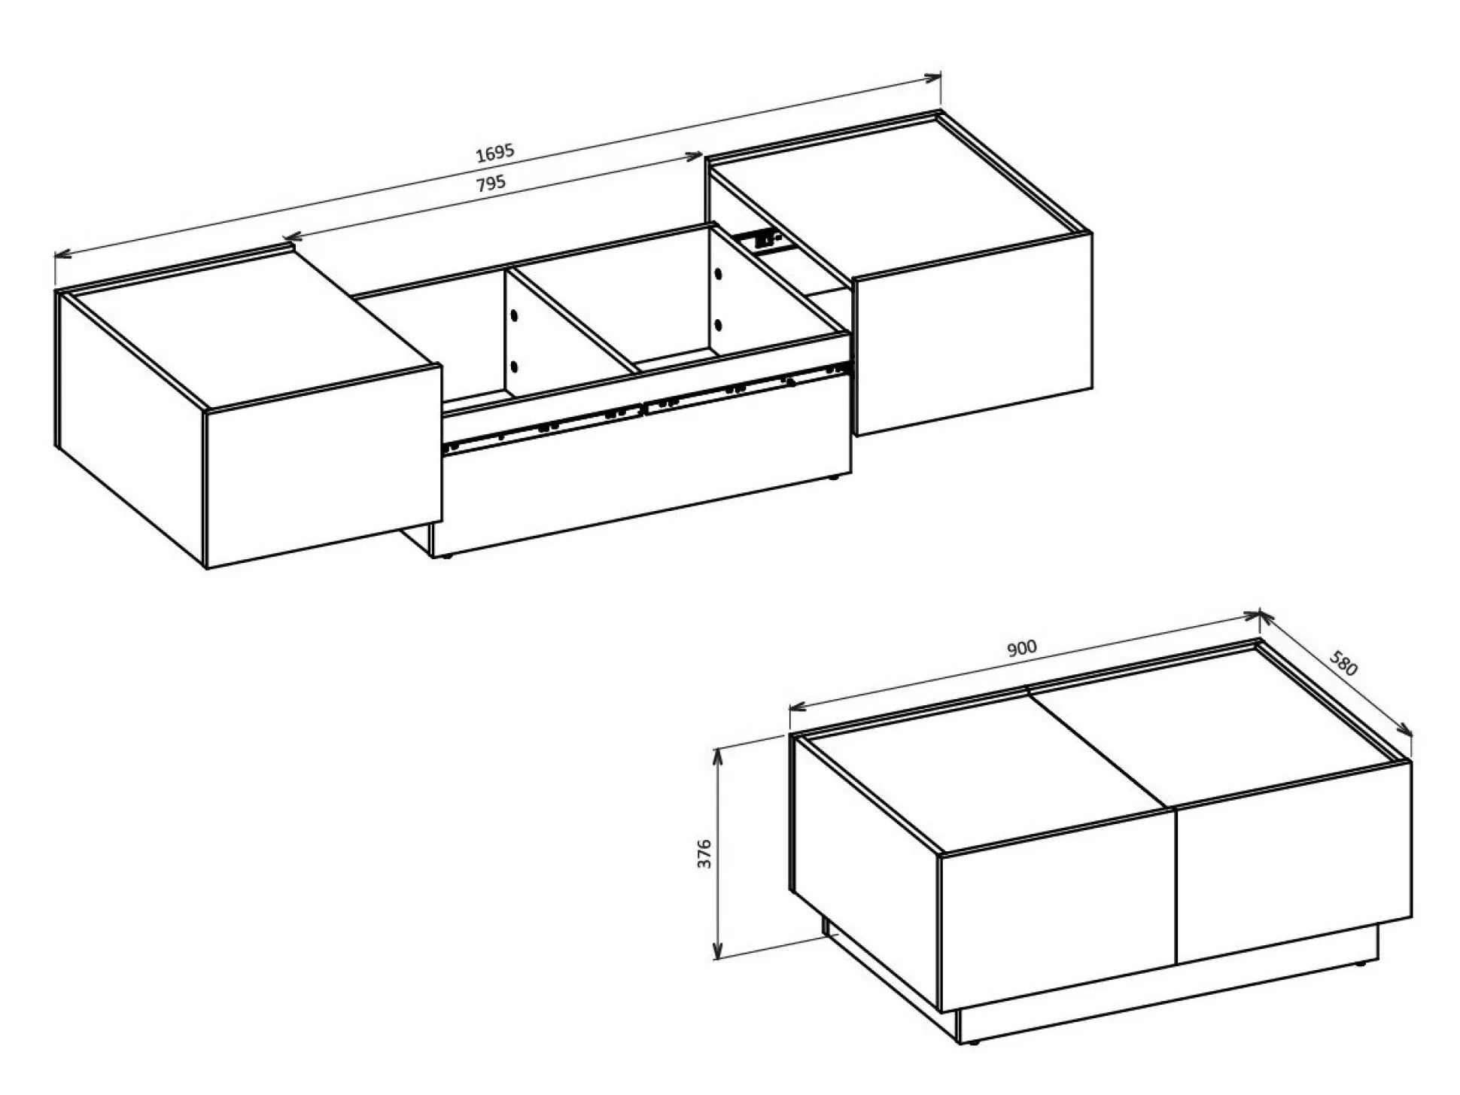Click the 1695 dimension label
pos(494,152)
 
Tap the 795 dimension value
pos(491,183)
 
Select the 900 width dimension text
pos(1021,648)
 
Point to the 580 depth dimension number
pos(1343,662)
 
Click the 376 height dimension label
pos(704,853)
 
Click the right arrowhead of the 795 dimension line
pos(694,157)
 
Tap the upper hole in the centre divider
pos(515,315)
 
